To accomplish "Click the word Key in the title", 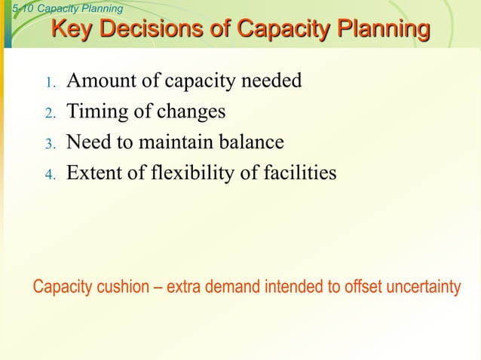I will tap(72, 30).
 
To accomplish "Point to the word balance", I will tap(250, 143).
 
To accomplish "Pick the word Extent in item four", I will tap(93, 174).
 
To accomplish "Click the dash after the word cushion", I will tap(159, 288).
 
